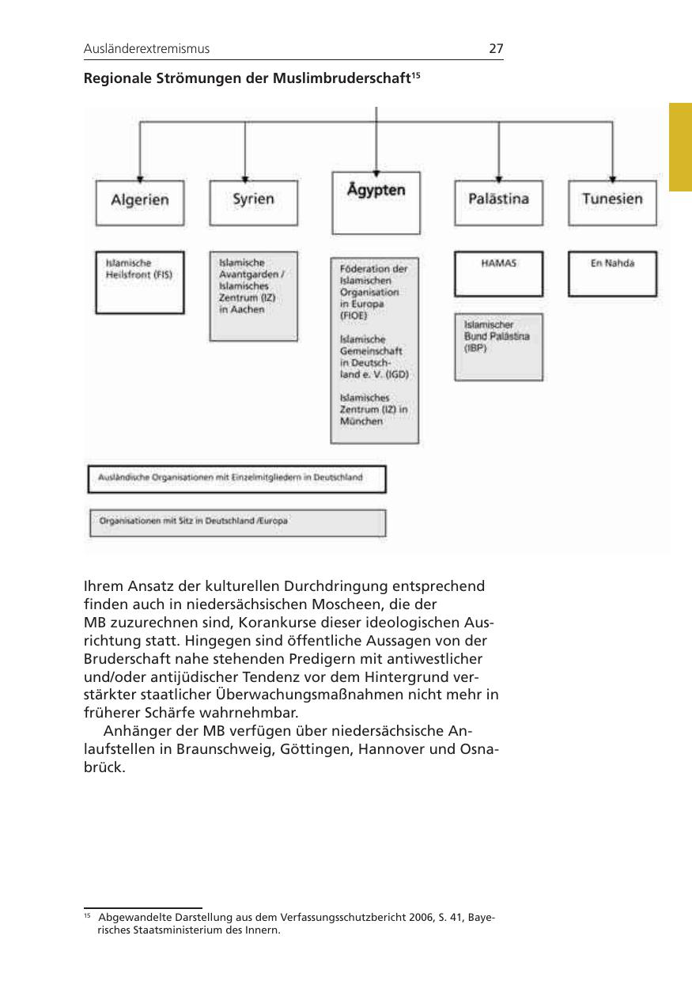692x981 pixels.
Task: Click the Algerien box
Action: tap(139, 203)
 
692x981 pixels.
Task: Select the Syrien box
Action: tap(253, 203)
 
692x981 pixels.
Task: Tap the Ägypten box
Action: tap(376, 203)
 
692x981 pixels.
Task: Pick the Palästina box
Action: tap(498, 203)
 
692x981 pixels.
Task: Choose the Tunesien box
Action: tap(612, 203)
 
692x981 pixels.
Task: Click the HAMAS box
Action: tap(498, 274)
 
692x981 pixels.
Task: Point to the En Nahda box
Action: tap(612, 274)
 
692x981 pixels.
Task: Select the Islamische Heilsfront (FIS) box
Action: tap(139, 282)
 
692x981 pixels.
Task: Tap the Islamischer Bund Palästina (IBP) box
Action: tap(498, 347)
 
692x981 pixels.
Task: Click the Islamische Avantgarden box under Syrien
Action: tap(253, 296)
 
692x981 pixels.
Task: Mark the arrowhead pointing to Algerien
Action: tap(140, 177)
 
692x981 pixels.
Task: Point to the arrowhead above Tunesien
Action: tap(613, 177)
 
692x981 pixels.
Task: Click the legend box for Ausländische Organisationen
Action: tap(236, 479)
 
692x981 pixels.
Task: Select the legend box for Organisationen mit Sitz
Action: tap(237, 522)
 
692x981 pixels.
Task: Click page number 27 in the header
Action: tap(496, 49)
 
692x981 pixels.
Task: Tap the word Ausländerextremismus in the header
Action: tap(146, 49)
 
